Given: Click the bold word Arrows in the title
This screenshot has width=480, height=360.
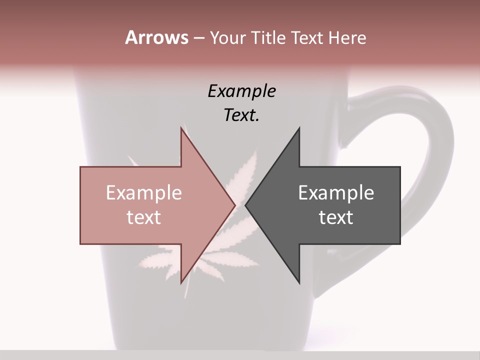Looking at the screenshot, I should (156, 37).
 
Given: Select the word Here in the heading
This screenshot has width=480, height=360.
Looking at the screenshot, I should (347, 37).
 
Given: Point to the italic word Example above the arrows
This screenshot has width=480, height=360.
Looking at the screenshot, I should (241, 91).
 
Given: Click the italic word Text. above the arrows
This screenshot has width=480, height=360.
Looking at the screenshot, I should (241, 115).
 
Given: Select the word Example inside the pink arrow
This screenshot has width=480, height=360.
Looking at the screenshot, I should (144, 192).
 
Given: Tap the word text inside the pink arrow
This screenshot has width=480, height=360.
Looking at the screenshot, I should (144, 217).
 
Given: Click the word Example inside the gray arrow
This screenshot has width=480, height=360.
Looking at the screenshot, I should (336, 192).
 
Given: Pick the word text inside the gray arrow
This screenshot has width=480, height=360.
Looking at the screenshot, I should (336, 217).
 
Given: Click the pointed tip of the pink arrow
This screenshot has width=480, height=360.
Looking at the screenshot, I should (234, 205).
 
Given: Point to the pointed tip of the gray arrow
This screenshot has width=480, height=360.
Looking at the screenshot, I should (245, 205).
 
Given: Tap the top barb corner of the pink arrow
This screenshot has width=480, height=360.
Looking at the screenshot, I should (181, 128).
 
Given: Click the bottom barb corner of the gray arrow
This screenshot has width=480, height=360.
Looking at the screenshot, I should (299, 283).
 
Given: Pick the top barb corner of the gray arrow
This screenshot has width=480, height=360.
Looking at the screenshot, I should (299, 128).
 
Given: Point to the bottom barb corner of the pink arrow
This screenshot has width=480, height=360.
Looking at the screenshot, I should (181, 283).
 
